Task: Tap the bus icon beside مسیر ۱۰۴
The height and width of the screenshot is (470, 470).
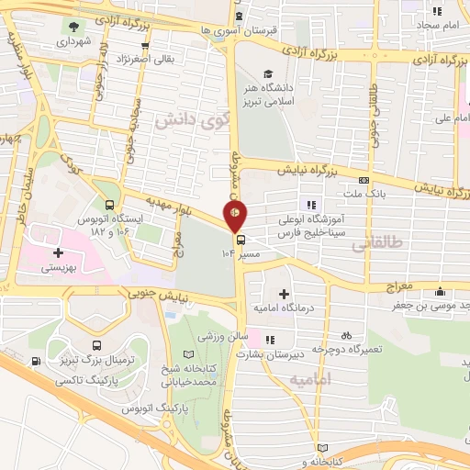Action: (241, 240)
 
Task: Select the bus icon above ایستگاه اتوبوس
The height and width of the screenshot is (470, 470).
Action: (110, 206)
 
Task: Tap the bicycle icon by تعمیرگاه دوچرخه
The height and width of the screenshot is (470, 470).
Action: (346, 335)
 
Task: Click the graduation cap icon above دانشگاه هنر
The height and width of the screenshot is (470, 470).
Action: (267, 74)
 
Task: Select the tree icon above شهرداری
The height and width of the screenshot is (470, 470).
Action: (73, 25)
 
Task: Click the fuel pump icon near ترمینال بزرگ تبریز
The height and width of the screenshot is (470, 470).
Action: (35, 360)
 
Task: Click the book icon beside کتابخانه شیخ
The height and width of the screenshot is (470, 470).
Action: (189, 354)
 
